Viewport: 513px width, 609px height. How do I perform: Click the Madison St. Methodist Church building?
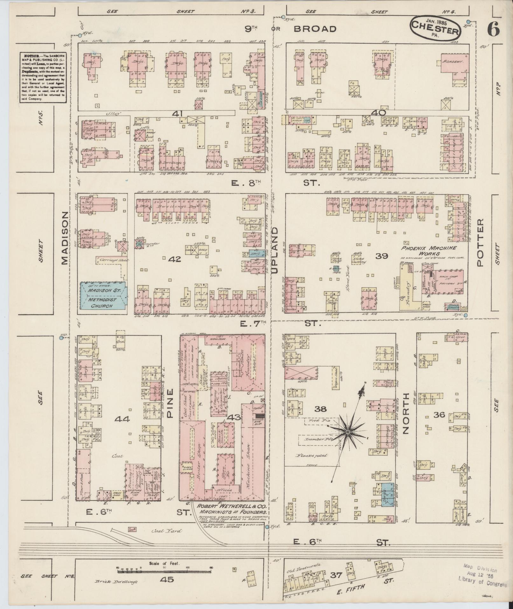[x=103, y=296]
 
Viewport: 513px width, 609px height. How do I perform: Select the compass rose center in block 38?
[x=348, y=432]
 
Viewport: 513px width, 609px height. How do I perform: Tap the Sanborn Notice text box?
[x=42, y=77]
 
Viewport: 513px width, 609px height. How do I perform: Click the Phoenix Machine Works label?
[x=428, y=250]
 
